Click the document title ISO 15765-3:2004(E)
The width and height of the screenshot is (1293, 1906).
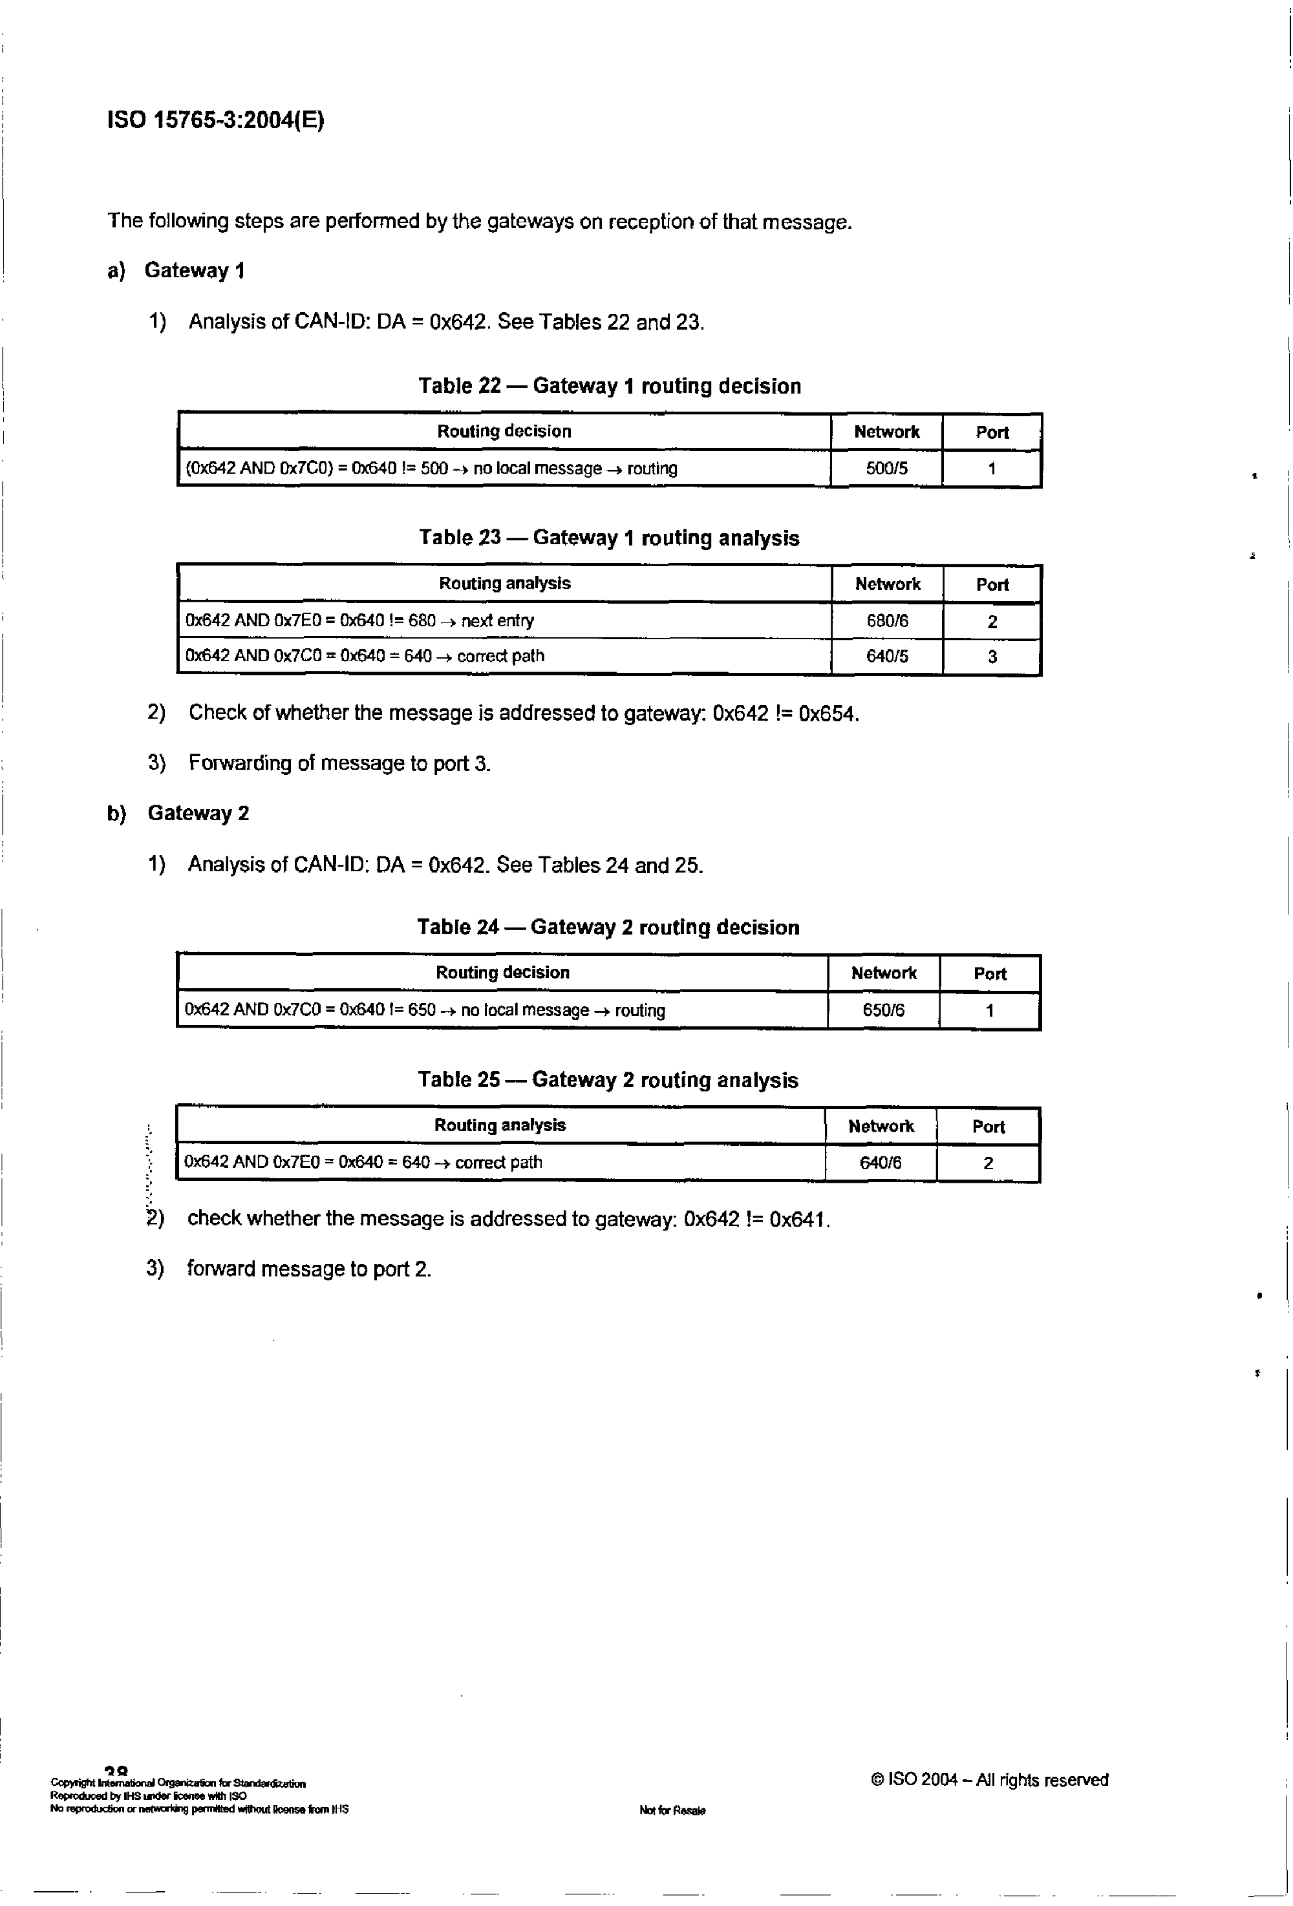click(216, 121)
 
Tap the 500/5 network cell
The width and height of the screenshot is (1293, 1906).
click(886, 469)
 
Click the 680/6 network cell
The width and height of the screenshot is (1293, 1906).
click(887, 621)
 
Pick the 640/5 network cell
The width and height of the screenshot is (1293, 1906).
click(887, 656)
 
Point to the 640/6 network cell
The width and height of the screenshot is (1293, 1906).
click(881, 1162)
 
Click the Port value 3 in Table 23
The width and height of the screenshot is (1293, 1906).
click(992, 656)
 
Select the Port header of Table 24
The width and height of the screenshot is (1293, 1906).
click(989, 973)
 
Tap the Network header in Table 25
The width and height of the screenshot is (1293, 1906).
click(881, 1126)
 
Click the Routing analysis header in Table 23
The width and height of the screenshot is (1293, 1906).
click(504, 583)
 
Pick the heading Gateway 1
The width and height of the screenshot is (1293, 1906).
click(195, 271)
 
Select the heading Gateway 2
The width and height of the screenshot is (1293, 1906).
click(198, 813)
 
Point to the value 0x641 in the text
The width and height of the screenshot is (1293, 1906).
click(799, 1220)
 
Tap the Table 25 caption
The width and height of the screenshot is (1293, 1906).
click(607, 1079)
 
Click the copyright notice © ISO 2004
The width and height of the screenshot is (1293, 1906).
click(988, 1780)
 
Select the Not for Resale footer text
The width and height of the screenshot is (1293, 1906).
click(672, 1811)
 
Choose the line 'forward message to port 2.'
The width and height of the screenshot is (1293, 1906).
click(308, 1269)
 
